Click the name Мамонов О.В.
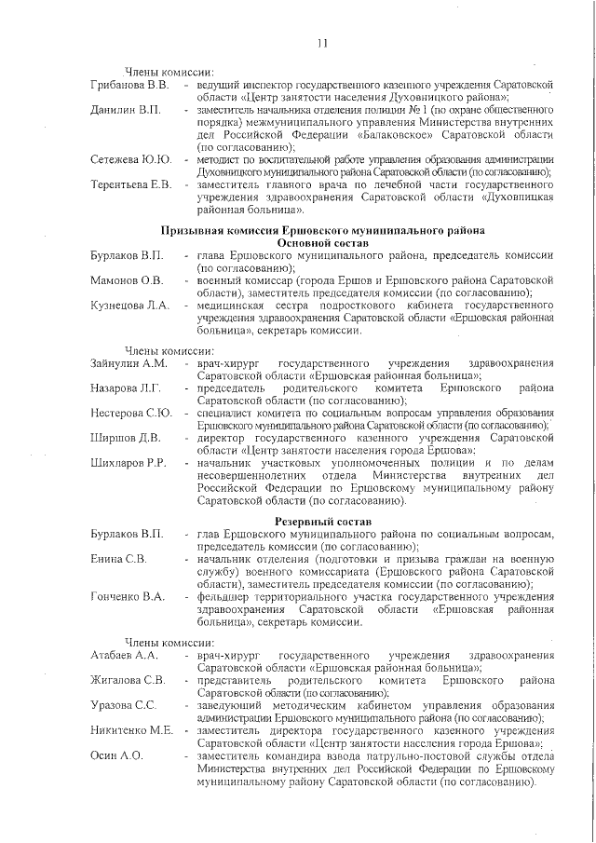click(x=127, y=279)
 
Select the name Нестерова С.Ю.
click(x=131, y=413)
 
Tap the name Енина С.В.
click(x=118, y=558)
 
